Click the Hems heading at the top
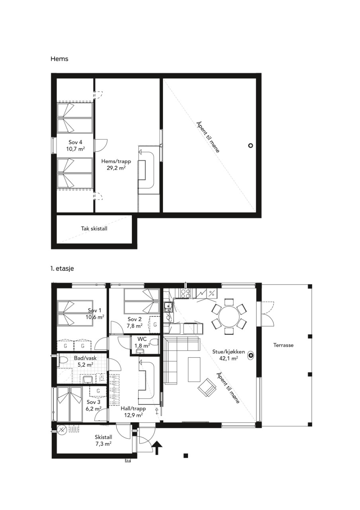(59, 59)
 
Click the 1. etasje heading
(62, 269)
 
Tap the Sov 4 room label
(75, 143)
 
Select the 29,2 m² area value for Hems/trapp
(116, 168)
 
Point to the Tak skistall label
(94, 229)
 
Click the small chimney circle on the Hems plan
(250, 146)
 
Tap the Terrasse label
(283, 345)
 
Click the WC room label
(142, 338)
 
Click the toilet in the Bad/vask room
(63, 360)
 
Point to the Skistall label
(103, 437)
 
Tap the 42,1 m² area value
(229, 358)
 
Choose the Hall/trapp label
(133, 409)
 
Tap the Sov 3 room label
(93, 402)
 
